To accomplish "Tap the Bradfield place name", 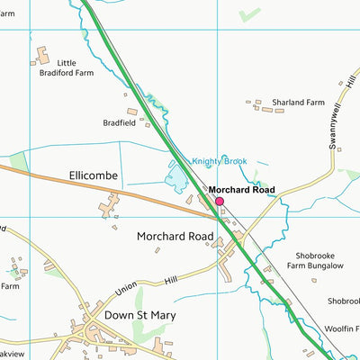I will point(121,123).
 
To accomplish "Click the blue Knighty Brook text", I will point(220,162).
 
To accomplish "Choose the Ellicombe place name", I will point(92,175).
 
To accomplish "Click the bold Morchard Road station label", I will point(241,191).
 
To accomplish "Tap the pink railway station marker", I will point(219,202).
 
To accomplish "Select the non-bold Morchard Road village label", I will point(175,237).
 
